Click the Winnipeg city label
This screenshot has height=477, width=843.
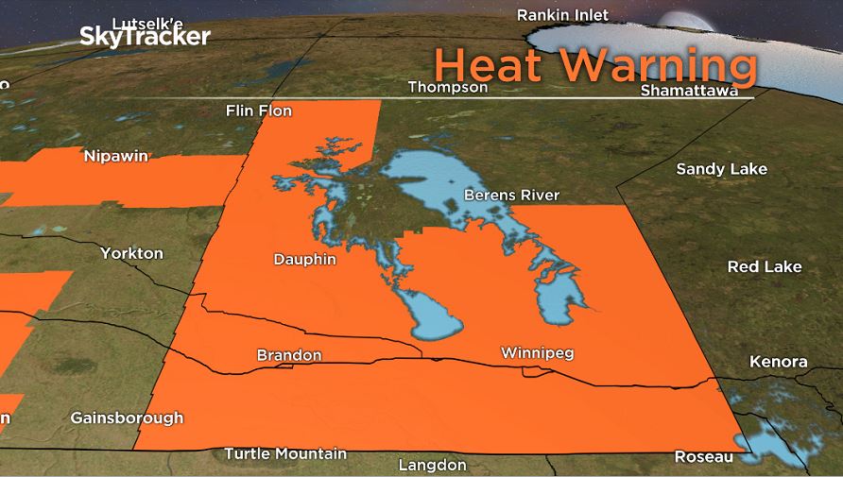(x=537, y=353)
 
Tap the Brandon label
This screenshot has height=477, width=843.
(x=289, y=356)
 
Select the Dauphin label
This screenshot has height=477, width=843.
(x=304, y=259)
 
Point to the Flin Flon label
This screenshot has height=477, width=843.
(x=259, y=111)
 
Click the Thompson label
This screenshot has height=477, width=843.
(x=447, y=87)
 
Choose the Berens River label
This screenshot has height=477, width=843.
(x=511, y=196)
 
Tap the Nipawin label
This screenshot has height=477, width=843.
(x=115, y=156)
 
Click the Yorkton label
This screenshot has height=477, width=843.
(x=132, y=253)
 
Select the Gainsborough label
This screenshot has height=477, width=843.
(x=127, y=417)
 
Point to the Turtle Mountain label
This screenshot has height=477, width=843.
(x=284, y=454)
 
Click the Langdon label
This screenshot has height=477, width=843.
(x=432, y=465)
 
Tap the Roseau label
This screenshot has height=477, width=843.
(x=703, y=457)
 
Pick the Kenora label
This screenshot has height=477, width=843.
(x=778, y=362)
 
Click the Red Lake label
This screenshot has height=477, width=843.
(x=764, y=267)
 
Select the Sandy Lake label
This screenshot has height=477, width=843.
(x=721, y=169)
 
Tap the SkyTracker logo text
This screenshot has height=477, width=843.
(x=144, y=37)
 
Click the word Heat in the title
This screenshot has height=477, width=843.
(x=490, y=66)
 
